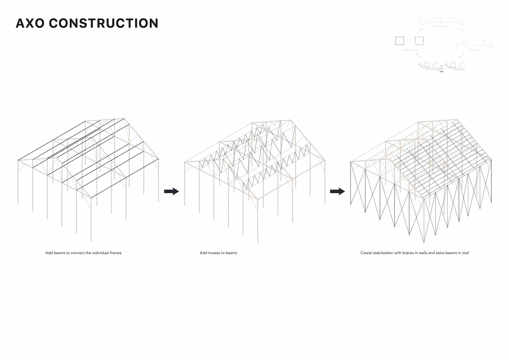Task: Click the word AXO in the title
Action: (30, 23)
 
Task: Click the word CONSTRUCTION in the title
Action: (104, 23)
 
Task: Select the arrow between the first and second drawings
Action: (172, 191)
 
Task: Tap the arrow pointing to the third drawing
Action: (337, 191)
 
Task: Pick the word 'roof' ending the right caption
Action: (466, 253)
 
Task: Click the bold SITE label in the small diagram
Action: (441, 72)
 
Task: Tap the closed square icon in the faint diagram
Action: (400, 41)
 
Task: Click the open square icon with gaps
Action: (419, 41)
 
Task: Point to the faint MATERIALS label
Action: (474, 50)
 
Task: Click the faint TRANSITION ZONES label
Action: (441, 27)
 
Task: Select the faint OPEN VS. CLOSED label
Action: (410, 50)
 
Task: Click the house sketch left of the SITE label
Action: (426, 64)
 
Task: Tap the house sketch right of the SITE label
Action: (453, 64)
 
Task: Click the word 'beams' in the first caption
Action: (59, 253)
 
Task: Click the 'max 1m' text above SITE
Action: (441, 69)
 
